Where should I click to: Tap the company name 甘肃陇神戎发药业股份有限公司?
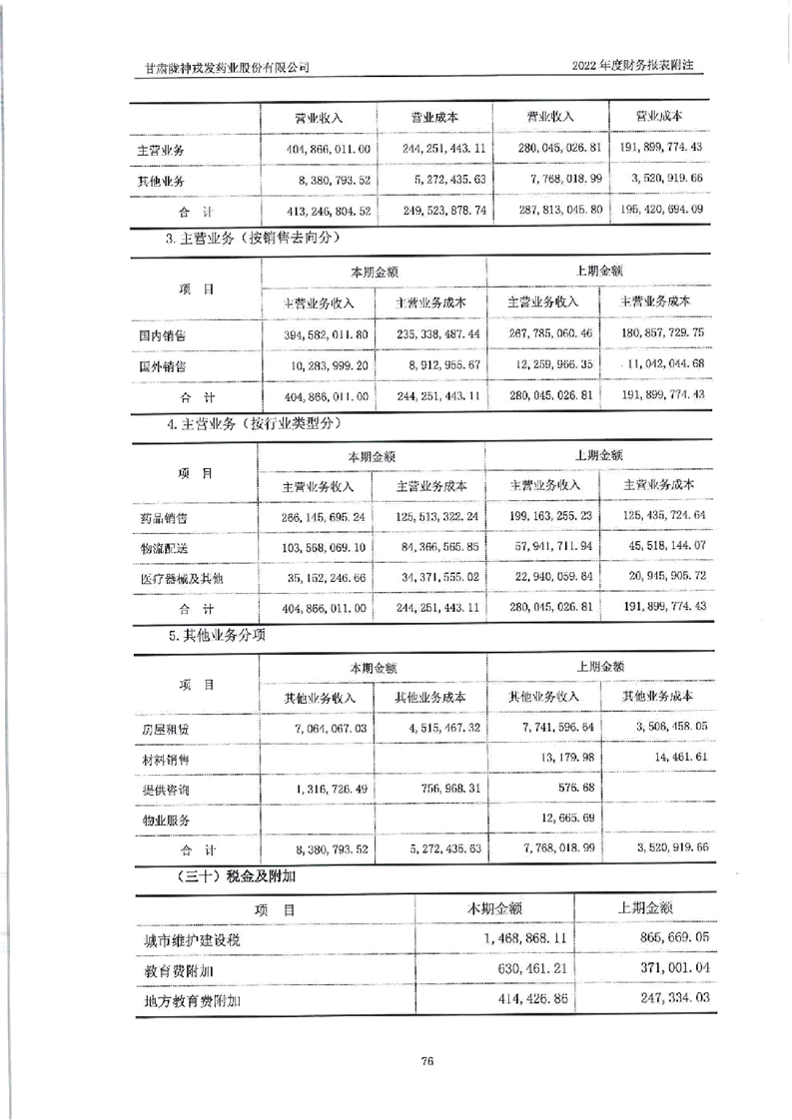click(226, 67)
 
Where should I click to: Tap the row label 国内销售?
click(163, 334)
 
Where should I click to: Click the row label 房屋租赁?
click(164, 729)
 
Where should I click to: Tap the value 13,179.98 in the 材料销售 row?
click(565, 759)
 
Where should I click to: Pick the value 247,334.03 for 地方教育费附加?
click(664, 999)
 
